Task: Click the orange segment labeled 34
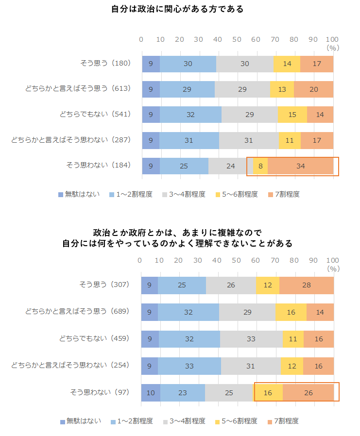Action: tap(300, 166)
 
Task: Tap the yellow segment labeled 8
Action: tap(260, 166)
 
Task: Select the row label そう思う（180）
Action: tap(105, 63)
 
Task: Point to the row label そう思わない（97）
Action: tap(99, 392)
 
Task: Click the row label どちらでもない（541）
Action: tap(95, 114)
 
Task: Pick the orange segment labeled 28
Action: tap(307, 285)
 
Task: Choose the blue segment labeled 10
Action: tap(151, 393)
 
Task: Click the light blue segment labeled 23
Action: tap(183, 393)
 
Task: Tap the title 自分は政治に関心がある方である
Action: tap(177, 9)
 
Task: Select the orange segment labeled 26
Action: tap(308, 393)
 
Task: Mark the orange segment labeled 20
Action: tap(313, 89)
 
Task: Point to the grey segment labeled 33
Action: tap(251, 339)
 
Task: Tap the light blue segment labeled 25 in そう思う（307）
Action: tap(182, 285)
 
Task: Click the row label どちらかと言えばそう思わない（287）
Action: tap(71, 140)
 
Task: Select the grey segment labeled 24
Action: tap(230, 166)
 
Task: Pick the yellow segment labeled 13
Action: tap(282, 89)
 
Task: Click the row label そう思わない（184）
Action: tap(99, 166)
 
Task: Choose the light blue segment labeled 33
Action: tap(189, 366)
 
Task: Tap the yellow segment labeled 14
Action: tap(287, 64)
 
